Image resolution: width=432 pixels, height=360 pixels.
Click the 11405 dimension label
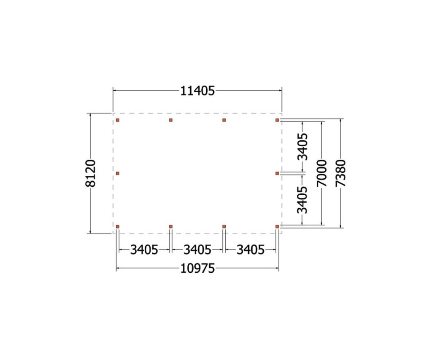197,91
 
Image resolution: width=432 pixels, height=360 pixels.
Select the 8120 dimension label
91,173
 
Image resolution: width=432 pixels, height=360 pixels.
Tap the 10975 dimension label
197,269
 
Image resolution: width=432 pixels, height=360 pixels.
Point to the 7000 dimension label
322,173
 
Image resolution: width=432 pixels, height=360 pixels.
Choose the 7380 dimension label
341,173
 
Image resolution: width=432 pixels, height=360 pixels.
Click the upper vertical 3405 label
302,147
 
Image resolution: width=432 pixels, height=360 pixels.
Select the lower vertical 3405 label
302,200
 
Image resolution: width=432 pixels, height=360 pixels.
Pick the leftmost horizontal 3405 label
144,250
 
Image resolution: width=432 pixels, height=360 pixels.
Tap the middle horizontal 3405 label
197,250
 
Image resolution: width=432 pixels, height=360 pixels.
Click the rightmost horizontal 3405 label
251,250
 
